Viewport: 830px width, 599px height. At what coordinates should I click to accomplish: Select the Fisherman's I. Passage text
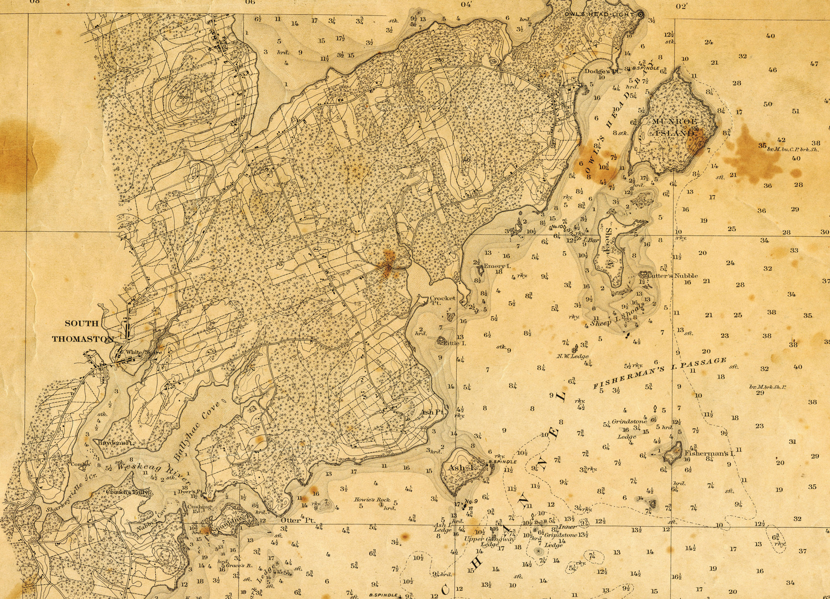click(x=659, y=373)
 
